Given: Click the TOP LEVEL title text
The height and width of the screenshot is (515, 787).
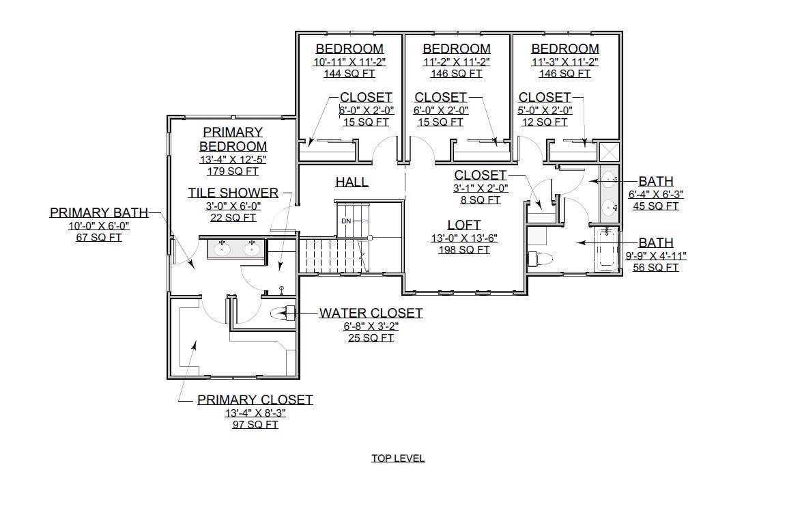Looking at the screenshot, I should tap(398, 458).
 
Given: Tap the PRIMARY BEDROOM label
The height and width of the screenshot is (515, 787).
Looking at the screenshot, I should tap(233, 139).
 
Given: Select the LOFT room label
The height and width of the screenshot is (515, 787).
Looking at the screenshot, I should tap(464, 225).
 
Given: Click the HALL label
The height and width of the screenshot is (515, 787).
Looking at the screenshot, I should tap(352, 182).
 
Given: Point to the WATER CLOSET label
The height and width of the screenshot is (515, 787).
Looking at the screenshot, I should tap(371, 314).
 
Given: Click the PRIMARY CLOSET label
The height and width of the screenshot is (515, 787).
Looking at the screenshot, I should tap(255, 400).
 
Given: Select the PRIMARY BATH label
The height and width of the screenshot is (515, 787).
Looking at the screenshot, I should tap(98, 212).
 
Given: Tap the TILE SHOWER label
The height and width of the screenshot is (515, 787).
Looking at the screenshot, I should tap(233, 193).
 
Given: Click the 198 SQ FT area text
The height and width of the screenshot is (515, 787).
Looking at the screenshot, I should tap(464, 250).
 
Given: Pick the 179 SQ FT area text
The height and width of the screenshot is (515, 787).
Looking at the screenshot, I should tap(233, 171).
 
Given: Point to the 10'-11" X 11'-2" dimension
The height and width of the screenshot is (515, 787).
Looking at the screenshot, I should tap(349, 61).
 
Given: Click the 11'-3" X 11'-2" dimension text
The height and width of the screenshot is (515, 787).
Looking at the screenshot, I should tap(564, 61).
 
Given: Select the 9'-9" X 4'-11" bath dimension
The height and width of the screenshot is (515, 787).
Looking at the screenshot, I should tap(655, 255).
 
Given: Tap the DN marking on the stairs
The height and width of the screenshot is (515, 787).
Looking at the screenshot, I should tap(346, 221).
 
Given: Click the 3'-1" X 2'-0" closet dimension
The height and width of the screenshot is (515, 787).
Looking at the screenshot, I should tap(481, 188).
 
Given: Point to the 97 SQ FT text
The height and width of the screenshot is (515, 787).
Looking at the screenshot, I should tap(255, 424).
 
